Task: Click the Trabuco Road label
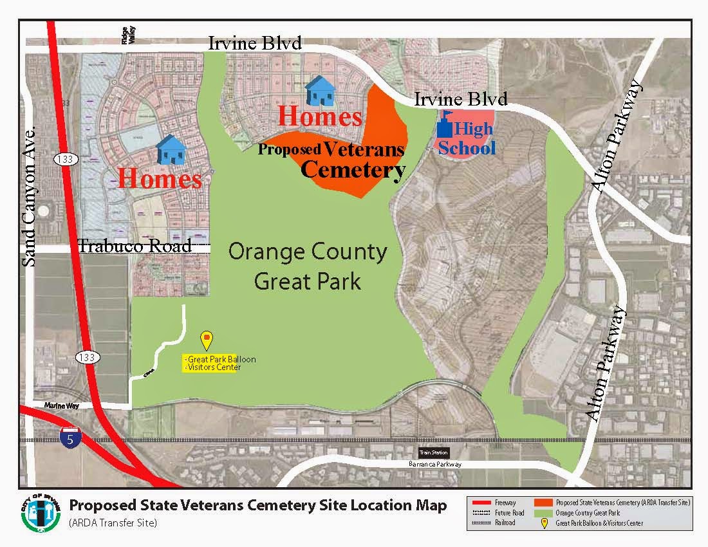[135, 246]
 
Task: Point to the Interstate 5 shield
[70, 438]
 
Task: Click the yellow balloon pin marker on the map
[207, 339]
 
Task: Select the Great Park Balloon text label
[220, 359]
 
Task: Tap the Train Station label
[433, 452]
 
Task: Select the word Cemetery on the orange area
[353, 170]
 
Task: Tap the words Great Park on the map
[308, 281]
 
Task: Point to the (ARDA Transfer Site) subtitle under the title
[113, 523]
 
